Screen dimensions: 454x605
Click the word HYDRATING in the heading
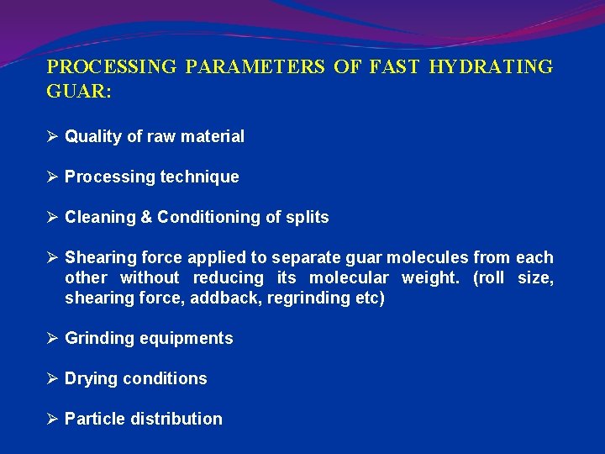491,67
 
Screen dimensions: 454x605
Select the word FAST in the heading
394,67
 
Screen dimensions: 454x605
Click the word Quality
93,136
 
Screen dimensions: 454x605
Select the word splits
308,217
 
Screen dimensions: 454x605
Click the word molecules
428,257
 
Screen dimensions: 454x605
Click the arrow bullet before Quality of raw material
52,136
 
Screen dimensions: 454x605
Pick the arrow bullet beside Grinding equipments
52,338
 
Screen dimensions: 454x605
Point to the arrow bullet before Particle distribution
52,419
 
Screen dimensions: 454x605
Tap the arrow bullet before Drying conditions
52,378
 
